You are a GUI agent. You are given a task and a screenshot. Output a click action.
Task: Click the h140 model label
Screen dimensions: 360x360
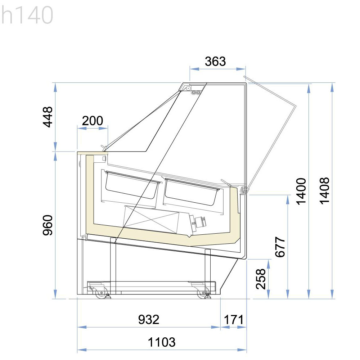coord(27,15)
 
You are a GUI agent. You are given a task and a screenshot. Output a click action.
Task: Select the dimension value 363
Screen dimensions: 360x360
coord(215,61)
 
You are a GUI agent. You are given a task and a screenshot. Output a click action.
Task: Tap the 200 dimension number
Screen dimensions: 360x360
coord(93,121)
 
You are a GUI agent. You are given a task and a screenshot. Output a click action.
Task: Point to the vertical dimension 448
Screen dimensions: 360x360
coord(48,117)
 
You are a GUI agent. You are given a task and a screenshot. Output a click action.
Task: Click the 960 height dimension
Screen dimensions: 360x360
coord(48,225)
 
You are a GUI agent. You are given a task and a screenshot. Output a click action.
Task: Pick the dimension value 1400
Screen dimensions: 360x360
coord(301,191)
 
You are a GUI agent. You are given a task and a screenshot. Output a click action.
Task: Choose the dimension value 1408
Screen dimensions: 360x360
coord(324,191)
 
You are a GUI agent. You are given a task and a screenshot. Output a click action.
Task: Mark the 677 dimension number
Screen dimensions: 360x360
coord(280,247)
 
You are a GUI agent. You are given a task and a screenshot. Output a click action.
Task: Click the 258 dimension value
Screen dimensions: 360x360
coord(261,279)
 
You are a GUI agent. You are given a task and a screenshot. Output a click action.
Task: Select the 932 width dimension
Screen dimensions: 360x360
coord(149,320)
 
